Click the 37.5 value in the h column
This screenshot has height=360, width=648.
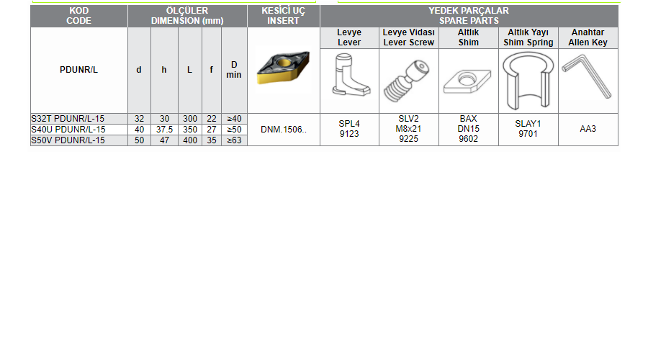click(164, 130)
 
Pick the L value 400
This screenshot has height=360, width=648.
click(190, 140)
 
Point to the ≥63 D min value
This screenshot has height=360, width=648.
click(234, 140)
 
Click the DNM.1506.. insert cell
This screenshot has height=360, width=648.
click(284, 130)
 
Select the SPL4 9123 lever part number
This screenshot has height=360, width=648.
click(349, 129)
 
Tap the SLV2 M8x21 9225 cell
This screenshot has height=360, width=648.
click(409, 129)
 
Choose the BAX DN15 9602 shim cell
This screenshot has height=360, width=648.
click(468, 129)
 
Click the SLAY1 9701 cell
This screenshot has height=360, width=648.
click(528, 129)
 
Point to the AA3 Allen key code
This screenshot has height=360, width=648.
click(588, 129)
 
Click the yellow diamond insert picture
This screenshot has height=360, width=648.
click(283, 68)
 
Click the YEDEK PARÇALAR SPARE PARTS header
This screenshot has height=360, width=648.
click(469, 16)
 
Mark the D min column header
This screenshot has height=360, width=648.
click(234, 70)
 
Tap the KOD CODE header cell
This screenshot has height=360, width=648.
click(79, 16)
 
